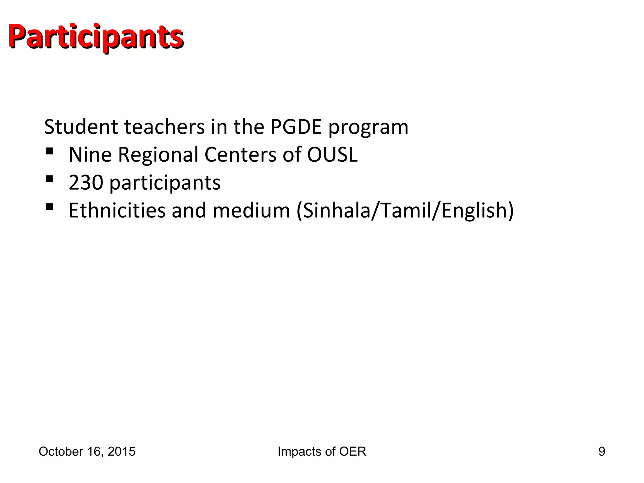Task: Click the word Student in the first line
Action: (81, 127)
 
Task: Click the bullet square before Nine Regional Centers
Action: (49, 152)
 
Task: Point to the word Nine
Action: (90, 155)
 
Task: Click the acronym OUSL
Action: (332, 155)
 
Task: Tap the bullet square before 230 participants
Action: (49, 179)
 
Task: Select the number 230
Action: (86, 182)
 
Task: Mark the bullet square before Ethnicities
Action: (49, 207)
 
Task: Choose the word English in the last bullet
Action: (474, 211)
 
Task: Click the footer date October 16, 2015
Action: (87, 452)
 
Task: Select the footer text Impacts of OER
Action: (322, 452)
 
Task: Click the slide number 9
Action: (602, 452)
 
